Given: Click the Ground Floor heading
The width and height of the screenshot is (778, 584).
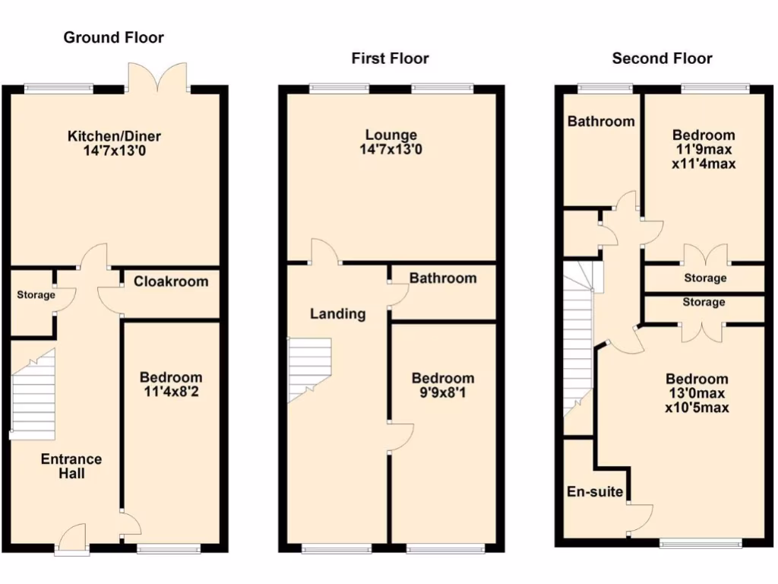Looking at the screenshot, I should click(x=113, y=37).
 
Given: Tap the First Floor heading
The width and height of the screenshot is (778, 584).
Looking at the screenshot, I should click(x=390, y=59).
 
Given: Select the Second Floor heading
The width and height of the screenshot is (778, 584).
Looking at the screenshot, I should click(x=662, y=59).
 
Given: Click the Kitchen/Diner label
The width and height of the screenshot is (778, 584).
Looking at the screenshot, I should click(x=114, y=136).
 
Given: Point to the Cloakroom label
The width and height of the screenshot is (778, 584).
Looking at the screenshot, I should click(x=171, y=281).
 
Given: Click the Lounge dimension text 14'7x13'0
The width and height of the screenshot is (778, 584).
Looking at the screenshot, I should click(x=391, y=151).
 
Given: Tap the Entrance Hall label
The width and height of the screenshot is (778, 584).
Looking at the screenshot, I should click(x=71, y=466).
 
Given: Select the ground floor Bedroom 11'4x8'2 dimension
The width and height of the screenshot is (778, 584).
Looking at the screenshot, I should click(x=171, y=392).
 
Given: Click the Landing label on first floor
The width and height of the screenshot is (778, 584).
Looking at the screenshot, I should click(x=337, y=313).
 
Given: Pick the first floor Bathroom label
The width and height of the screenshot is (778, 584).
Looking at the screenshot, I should click(x=443, y=278).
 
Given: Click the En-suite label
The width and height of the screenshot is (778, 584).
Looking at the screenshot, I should click(x=595, y=492).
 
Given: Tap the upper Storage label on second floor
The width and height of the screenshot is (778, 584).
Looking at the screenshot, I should click(x=704, y=278).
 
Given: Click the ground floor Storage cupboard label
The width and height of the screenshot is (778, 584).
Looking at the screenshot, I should click(x=36, y=295).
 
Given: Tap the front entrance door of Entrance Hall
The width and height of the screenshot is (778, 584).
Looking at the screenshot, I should click(x=72, y=542).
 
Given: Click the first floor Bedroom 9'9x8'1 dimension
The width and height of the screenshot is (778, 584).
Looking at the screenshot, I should click(x=442, y=393).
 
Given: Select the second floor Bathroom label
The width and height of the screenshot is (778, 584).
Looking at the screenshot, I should click(x=600, y=122).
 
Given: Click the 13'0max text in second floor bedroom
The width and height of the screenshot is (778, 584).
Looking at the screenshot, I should click(x=697, y=393).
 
